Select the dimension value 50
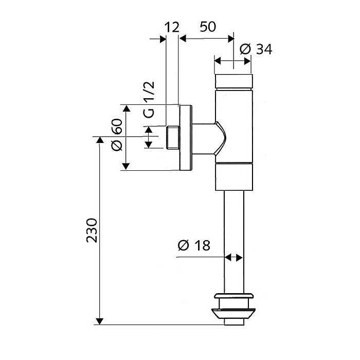[x=207, y=27]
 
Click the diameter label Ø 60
[x=117, y=135]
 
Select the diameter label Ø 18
[x=193, y=245]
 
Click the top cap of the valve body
[x=233, y=81]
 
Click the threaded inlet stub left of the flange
[x=173, y=138]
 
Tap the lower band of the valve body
[x=233, y=175]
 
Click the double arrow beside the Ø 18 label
[x=233, y=257]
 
